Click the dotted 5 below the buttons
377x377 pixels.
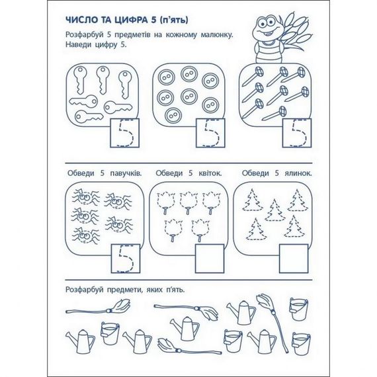tap(210, 134)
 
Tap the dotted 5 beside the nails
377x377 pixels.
tap(296, 134)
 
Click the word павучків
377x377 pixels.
tap(124, 173)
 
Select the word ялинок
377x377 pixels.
tap(296, 173)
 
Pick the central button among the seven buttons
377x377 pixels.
tap(187, 95)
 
